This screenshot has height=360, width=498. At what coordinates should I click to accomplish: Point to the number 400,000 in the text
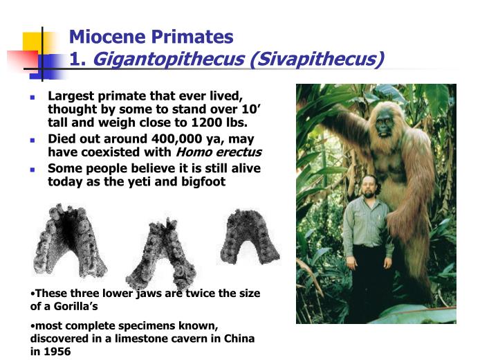tap(184, 138)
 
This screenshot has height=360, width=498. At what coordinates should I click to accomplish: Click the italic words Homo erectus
tap(219, 152)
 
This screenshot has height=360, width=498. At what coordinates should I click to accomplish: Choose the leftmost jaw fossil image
tap(71, 239)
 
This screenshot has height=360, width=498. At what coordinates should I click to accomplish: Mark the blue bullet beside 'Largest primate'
tap(33, 96)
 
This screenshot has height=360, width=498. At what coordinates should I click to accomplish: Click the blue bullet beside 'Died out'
tap(33, 139)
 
